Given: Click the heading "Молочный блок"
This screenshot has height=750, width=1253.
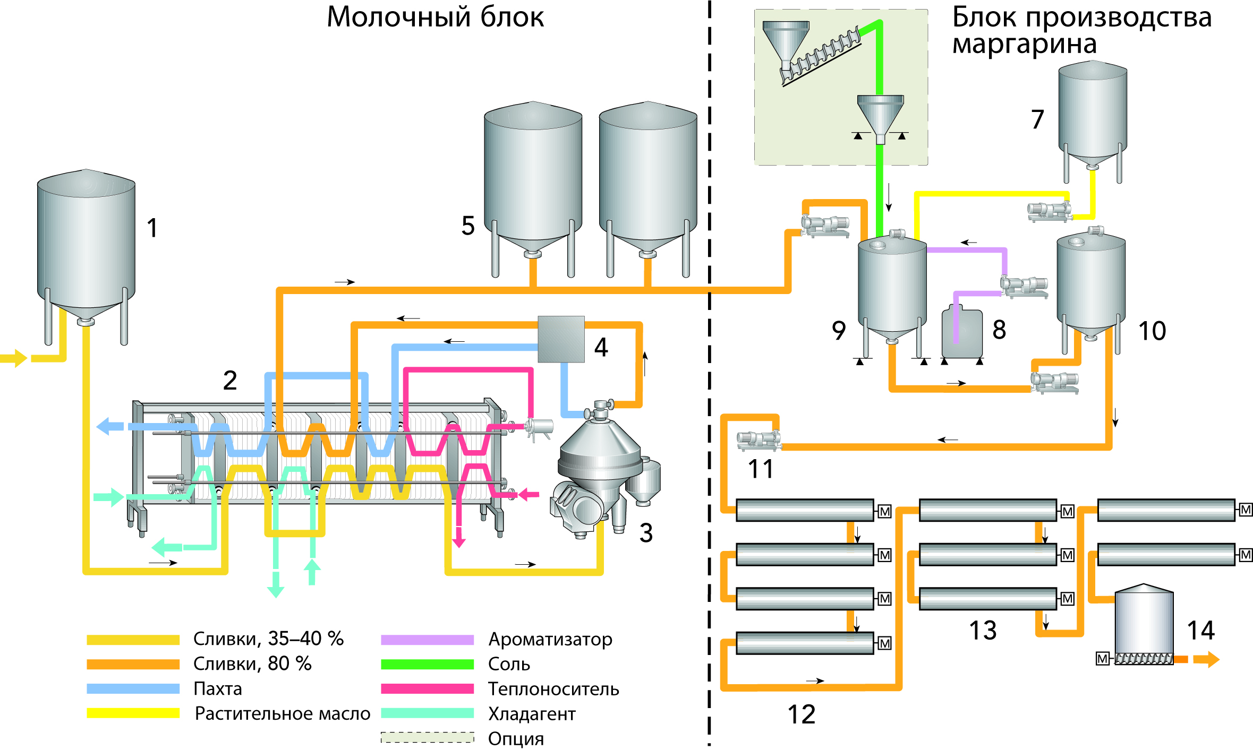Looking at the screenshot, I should tap(435, 17).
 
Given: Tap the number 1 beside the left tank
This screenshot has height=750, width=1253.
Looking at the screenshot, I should tap(152, 228).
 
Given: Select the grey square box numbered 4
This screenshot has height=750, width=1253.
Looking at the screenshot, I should tap(561, 339).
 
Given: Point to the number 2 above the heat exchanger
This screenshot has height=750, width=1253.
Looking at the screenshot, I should tap(229, 380).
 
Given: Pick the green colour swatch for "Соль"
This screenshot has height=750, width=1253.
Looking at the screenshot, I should tap(427, 664).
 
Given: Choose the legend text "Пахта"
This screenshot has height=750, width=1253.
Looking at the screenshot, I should tap(218, 689).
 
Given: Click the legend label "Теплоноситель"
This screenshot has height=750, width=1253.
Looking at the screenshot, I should tap(553, 689).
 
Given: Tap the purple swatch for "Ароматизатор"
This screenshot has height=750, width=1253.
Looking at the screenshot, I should tap(427, 640).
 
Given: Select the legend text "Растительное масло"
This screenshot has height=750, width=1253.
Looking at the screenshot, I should tap(283, 713).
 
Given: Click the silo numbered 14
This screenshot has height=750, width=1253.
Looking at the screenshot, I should tap(1144, 621).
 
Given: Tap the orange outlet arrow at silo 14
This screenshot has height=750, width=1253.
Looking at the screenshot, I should tap(1206, 659).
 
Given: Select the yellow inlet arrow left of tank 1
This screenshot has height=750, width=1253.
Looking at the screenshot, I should tap(14, 358).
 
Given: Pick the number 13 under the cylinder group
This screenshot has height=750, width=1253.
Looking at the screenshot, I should tap(983, 631).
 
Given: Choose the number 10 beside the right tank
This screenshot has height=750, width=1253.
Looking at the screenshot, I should tap(1152, 331).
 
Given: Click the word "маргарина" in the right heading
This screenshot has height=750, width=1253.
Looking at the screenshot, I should tap(1024, 44).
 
